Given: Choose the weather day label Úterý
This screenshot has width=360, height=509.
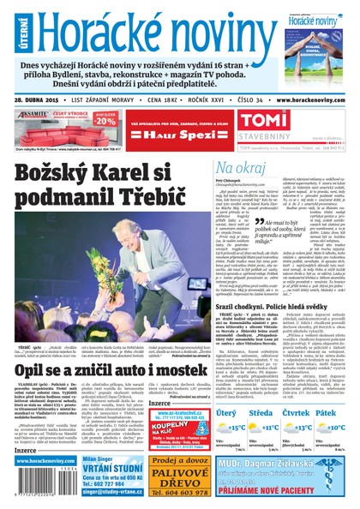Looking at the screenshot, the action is point(226,414).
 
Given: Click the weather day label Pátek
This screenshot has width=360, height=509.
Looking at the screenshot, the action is point(327,414).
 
